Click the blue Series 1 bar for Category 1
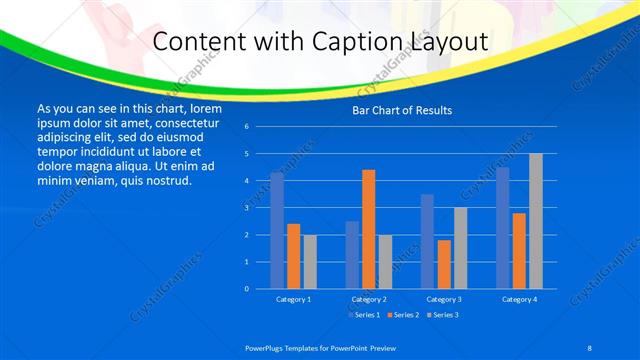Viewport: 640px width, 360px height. coord(277,231)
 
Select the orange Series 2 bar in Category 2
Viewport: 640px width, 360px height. coord(368,229)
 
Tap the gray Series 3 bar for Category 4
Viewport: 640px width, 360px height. coord(536,221)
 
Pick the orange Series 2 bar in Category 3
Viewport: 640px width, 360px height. coord(444,264)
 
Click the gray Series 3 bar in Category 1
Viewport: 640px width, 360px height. coord(310,262)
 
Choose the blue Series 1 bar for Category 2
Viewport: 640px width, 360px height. coord(352,255)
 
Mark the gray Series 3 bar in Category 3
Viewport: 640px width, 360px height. coord(460,248)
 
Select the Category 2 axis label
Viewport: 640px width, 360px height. coord(368,299)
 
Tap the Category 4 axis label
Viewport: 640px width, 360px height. coord(519,299)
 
